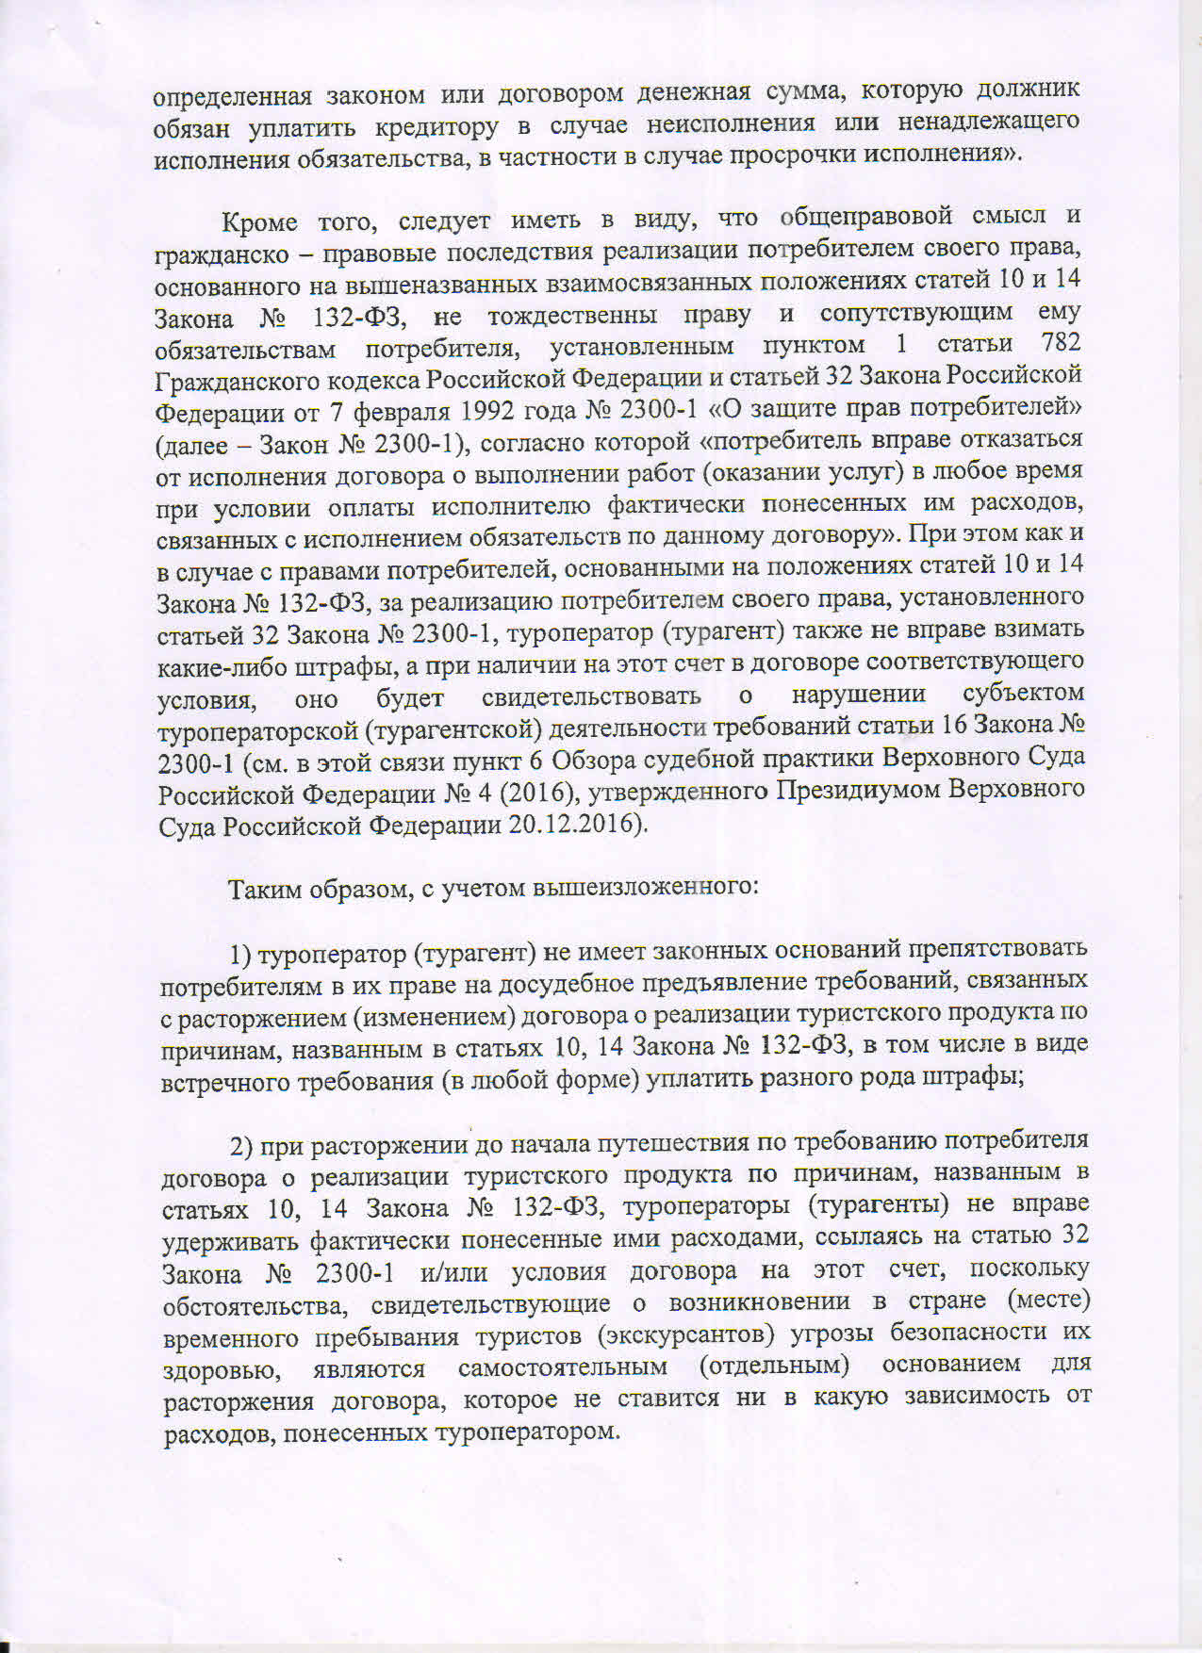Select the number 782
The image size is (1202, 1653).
[1061, 342]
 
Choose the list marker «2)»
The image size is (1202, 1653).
[243, 1146]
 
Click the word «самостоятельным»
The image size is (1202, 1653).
[563, 1367]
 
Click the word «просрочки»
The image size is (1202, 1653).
[821, 154]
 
